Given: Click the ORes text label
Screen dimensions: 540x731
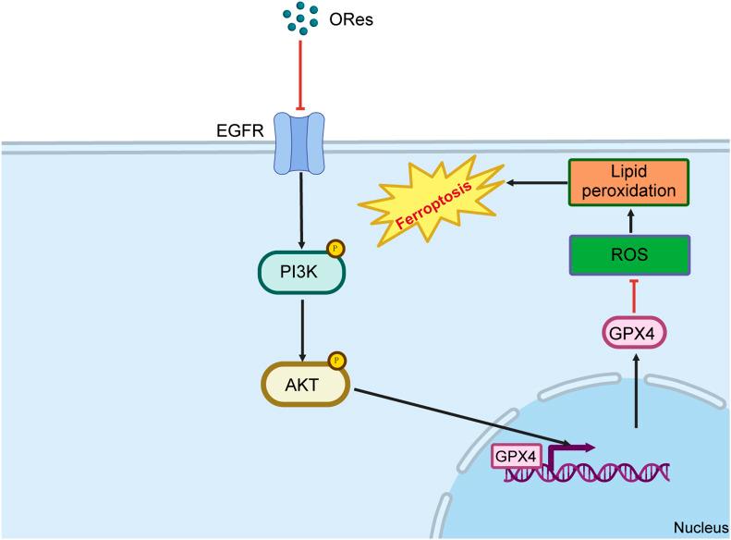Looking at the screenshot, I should pyautogui.click(x=352, y=18).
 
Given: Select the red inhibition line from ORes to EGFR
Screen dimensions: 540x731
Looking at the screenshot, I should pyautogui.click(x=298, y=75).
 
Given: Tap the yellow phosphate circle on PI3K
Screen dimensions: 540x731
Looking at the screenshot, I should pyautogui.click(x=336, y=249).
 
